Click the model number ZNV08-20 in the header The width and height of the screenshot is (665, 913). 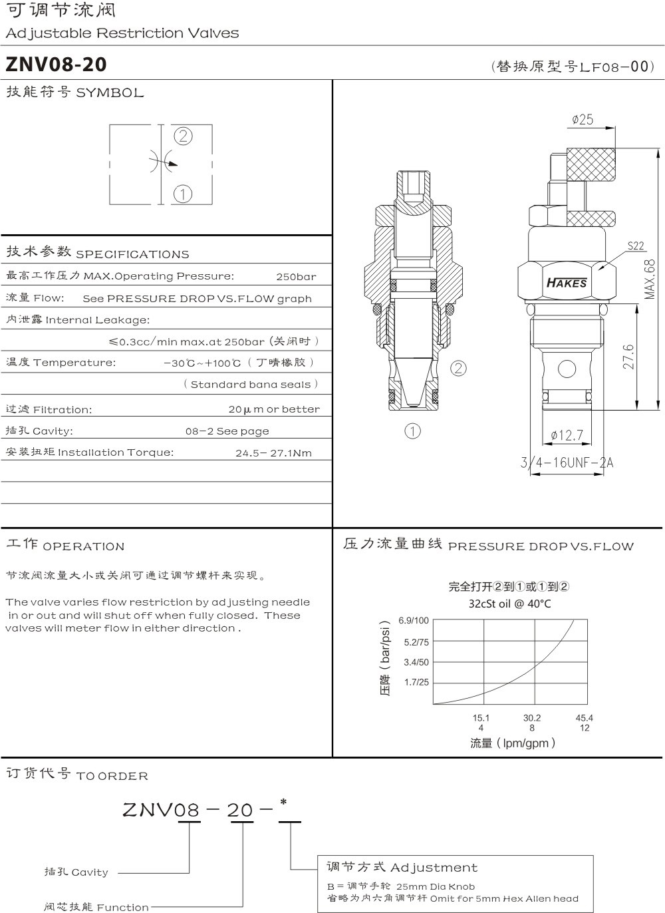56,65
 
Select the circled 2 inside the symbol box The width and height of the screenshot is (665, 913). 183,136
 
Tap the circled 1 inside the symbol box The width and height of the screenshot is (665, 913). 182,194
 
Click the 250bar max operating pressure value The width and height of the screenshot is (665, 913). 296,277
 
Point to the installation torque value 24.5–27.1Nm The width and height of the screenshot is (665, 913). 273,453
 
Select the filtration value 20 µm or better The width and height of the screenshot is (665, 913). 274,409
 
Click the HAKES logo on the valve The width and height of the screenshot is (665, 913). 567,283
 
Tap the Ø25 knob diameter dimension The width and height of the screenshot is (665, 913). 583,120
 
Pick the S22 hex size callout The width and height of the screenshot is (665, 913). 636,246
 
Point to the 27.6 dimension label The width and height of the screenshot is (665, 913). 628,356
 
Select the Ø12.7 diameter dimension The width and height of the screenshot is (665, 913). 567,435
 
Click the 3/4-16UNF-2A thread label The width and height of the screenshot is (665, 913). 567,462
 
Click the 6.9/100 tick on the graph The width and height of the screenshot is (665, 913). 414,621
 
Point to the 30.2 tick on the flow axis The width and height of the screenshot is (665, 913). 532,718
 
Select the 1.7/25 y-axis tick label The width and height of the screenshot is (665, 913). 416,682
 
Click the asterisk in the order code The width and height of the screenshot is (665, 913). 283,803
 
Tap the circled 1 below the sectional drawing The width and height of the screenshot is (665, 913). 412,431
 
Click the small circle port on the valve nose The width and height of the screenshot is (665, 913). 567,368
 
